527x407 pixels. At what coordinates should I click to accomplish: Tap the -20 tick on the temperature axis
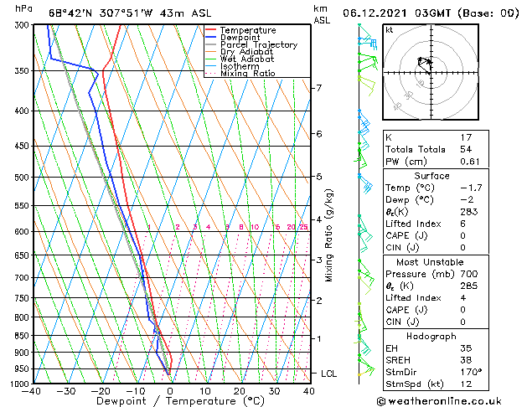pyautogui.click(x=101, y=391)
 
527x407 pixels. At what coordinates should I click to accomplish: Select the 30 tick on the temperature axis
pyautogui.click(x=274, y=391)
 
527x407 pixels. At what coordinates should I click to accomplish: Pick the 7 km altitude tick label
pyautogui.click(x=318, y=88)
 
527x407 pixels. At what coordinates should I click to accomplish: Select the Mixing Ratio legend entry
pyautogui.click(x=248, y=74)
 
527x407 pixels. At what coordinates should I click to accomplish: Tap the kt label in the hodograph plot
pyautogui.click(x=390, y=30)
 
